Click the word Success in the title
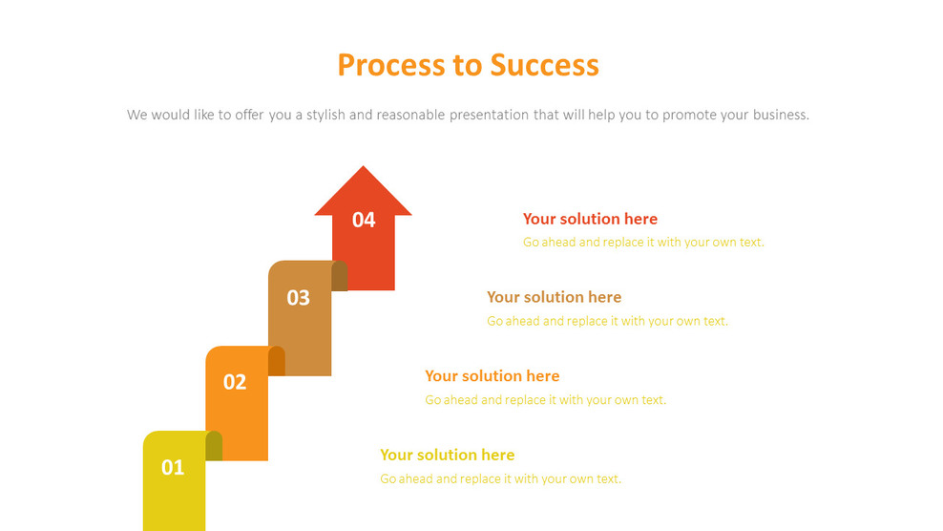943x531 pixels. (x=544, y=65)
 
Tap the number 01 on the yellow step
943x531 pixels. (x=173, y=467)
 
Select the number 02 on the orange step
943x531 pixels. (x=235, y=382)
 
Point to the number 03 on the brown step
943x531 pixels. (x=299, y=297)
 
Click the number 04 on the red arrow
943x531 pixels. (x=364, y=220)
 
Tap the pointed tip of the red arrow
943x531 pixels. (x=363, y=169)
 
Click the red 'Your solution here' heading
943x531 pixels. (x=590, y=219)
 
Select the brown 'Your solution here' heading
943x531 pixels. (x=554, y=297)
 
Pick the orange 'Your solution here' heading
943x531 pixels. (x=492, y=375)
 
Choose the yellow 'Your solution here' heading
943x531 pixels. (x=447, y=455)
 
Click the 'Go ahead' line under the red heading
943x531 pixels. (x=643, y=243)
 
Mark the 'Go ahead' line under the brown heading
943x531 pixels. (x=607, y=321)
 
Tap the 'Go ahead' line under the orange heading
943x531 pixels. (x=545, y=400)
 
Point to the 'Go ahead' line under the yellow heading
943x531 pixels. (x=500, y=478)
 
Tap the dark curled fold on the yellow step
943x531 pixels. (x=214, y=446)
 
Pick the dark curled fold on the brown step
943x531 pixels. (x=340, y=276)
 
